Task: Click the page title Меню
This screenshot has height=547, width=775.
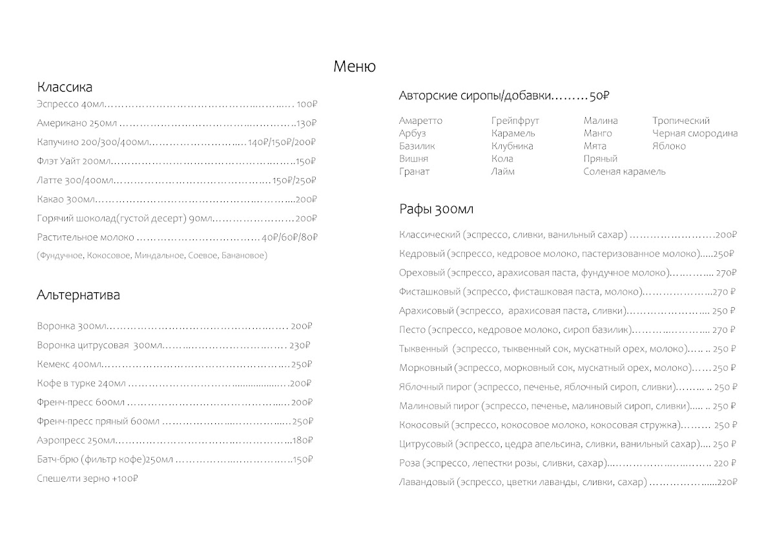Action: click(355, 66)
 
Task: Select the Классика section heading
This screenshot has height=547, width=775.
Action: click(65, 87)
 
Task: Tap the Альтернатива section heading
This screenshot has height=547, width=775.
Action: click(78, 295)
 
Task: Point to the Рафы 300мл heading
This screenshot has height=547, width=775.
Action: click(437, 210)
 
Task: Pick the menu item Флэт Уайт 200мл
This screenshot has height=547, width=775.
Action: click(74, 161)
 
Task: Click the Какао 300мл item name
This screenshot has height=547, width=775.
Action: click(66, 199)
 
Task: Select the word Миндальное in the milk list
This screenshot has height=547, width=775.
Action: click(160, 255)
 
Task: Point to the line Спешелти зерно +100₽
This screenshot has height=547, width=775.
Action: click(88, 479)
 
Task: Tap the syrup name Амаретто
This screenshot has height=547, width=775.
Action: click(421, 121)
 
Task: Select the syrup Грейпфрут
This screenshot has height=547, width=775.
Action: click(515, 121)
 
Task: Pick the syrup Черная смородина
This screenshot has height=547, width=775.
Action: click(695, 134)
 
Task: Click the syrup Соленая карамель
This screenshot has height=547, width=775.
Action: click(625, 172)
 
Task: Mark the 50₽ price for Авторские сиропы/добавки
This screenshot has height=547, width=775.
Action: click(599, 96)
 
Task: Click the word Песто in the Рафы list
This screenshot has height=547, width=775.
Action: click(412, 330)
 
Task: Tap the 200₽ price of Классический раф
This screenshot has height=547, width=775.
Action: click(726, 235)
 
